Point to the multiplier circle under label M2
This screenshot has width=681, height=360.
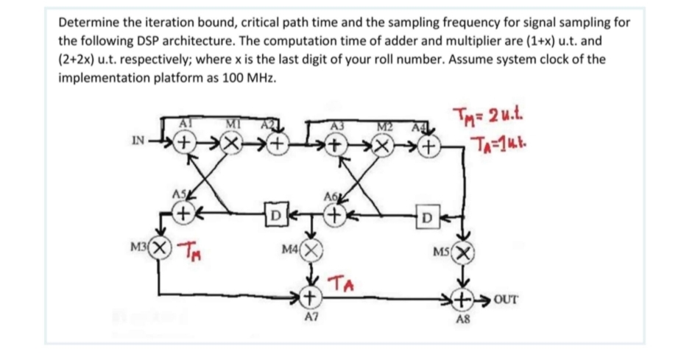[383, 144]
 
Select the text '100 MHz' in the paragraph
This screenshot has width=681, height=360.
[251, 78]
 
